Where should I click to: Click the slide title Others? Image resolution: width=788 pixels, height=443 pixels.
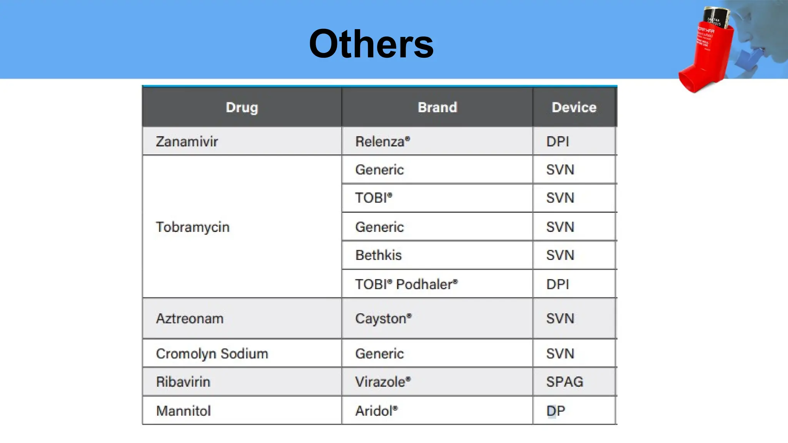tap(371, 44)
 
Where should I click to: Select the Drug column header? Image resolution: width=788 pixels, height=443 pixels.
tap(242, 107)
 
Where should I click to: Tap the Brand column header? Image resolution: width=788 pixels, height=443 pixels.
tap(437, 107)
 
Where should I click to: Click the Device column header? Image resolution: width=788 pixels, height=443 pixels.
tap(574, 107)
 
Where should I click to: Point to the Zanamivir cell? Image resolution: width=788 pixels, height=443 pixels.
tap(187, 142)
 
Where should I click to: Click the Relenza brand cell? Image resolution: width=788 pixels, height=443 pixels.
tap(382, 142)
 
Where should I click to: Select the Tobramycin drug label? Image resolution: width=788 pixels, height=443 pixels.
tap(192, 227)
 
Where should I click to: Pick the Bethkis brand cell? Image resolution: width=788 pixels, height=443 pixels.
tap(378, 255)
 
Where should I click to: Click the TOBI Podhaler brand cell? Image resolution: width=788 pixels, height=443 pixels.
tap(406, 284)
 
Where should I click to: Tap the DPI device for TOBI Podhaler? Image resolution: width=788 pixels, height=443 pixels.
tap(558, 284)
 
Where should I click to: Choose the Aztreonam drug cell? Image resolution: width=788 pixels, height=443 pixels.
tap(190, 318)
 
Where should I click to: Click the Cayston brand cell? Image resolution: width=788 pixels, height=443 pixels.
tap(383, 318)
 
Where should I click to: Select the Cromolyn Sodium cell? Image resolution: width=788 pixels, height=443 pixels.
tap(212, 353)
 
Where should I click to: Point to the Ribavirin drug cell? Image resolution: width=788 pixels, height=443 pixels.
tap(183, 381)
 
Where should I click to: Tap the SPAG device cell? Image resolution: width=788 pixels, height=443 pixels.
tap(564, 381)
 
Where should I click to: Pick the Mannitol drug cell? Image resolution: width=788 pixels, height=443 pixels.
tap(184, 411)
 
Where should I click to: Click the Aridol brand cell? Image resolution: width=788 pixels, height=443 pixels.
tap(376, 411)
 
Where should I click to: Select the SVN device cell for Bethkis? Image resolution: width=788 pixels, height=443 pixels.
tap(560, 255)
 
